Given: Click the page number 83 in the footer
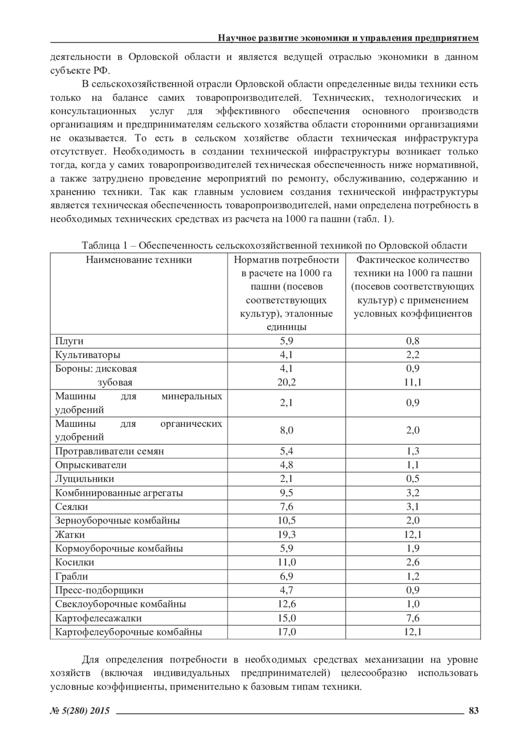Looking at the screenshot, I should coord(473,710).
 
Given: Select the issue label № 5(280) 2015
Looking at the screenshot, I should coord(80,711).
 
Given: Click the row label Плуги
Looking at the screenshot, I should coord(69,341).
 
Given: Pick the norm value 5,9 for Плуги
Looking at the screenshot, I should coord(287,341).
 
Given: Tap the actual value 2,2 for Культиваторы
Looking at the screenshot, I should coord(413,355).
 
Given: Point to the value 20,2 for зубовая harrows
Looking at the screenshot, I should coord(287,382).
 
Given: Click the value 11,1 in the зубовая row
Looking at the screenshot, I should coord(413,382).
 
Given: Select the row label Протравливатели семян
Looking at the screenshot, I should coord(109,451).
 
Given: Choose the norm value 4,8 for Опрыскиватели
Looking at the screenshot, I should coord(287,465).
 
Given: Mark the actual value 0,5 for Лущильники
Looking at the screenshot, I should coord(413,479).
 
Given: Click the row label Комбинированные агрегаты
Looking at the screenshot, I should coord(119,492).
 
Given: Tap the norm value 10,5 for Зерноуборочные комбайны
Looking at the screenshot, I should coord(287,520).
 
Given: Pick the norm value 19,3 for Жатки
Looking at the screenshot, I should coord(287,534).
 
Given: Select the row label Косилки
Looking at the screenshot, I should coord(75,562).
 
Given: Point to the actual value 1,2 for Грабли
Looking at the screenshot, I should coord(413,576).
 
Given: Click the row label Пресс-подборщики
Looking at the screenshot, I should coord(99,590).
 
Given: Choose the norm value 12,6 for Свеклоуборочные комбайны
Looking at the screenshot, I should coord(287,604).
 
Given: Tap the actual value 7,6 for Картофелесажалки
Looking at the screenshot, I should coord(413,618).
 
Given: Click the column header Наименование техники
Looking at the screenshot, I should coord(139,259).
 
